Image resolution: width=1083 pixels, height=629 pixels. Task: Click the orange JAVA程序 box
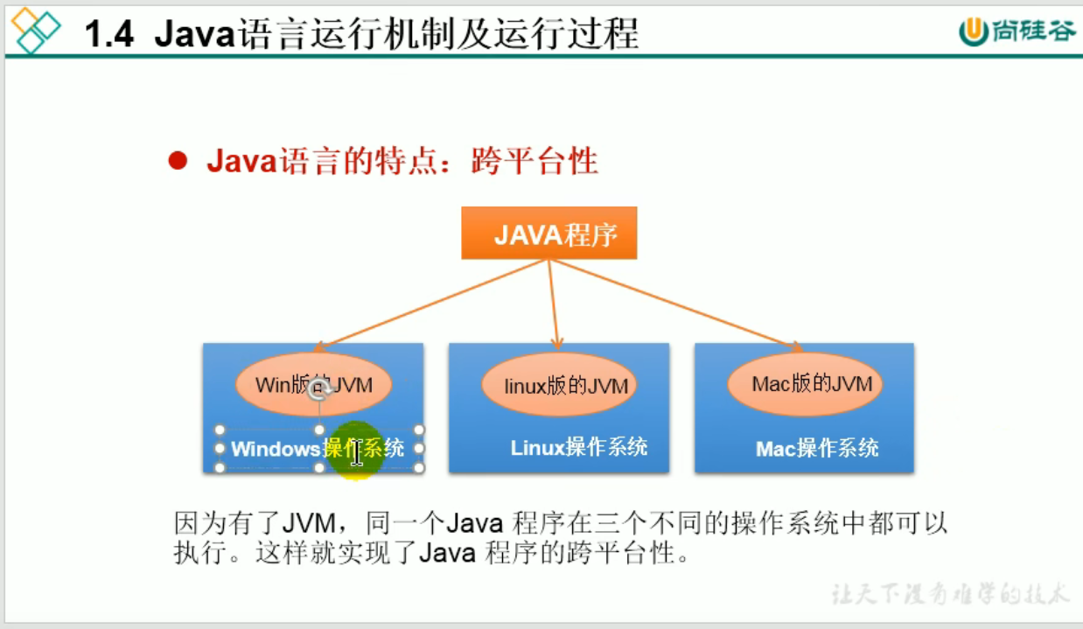(x=548, y=234)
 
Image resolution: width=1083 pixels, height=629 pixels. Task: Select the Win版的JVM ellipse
(x=313, y=384)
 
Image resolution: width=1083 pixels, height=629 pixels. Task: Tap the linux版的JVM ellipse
(x=559, y=384)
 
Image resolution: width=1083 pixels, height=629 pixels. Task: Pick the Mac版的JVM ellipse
(x=805, y=383)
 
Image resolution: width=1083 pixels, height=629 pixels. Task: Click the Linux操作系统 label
(x=579, y=447)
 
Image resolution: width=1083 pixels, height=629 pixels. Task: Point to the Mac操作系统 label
(x=817, y=449)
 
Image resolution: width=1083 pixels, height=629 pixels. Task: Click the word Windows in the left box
(x=275, y=450)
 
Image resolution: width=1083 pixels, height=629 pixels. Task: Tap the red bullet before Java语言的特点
(x=178, y=161)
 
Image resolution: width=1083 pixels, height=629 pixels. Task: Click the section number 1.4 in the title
(x=109, y=35)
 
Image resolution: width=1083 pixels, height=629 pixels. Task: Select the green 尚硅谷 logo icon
(x=972, y=31)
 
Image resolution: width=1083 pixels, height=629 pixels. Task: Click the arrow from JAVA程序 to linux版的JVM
(x=553, y=302)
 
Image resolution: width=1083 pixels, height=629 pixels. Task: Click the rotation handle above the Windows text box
(x=319, y=390)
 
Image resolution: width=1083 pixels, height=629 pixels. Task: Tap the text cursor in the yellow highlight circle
(x=357, y=452)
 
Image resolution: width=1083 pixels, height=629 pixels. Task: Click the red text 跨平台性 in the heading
(x=535, y=161)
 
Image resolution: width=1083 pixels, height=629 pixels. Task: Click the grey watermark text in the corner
(x=948, y=594)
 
